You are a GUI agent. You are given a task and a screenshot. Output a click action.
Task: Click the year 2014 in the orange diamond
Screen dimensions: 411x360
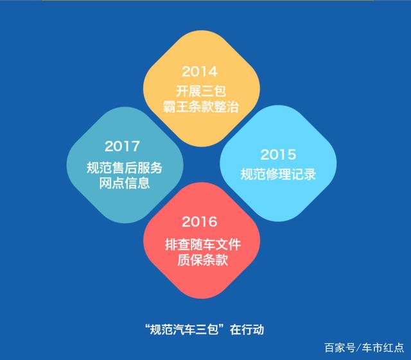click(x=200, y=71)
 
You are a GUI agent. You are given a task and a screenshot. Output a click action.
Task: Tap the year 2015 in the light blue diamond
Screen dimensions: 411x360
click(x=278, y=154)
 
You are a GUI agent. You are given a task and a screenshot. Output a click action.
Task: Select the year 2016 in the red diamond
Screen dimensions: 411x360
click(x=200, y=221)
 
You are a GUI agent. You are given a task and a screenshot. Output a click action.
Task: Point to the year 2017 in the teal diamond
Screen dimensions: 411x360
click(x=122, y=146)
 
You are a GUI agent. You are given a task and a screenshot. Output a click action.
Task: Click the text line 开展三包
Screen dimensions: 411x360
click(x=201, y=91)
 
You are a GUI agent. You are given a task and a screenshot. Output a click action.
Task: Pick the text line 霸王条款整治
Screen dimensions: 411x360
click(x=201, y=107)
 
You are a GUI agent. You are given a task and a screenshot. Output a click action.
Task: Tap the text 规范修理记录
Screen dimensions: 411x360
click(x=278, y=174)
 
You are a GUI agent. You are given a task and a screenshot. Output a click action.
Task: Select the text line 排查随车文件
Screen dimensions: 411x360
click(x=203, y=244)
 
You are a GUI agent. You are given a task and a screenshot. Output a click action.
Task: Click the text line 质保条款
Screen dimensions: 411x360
click(x=203, y=260)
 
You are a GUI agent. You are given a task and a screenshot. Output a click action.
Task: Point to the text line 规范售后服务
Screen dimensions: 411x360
click(x=125, y=167)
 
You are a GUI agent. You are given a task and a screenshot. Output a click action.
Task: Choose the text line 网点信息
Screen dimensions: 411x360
click(x=125, y=183)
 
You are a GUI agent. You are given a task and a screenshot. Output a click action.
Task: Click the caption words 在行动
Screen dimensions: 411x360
click(x=247, y=330)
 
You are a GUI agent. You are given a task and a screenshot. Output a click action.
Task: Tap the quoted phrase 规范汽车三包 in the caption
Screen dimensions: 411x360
click(x=184, y=330)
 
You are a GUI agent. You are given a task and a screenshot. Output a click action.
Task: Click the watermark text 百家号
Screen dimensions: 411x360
click(x=340, y=348)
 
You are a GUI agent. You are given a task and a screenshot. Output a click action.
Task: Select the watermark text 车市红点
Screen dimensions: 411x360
click(x=383, y=348)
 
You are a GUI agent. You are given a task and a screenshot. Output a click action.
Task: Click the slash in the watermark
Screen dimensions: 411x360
click(x=358, y=348)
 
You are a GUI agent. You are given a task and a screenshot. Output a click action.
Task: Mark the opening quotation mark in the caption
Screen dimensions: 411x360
click(x=147, y=327)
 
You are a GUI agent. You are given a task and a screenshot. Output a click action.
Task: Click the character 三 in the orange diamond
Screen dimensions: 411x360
click(x=207, y=91)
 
